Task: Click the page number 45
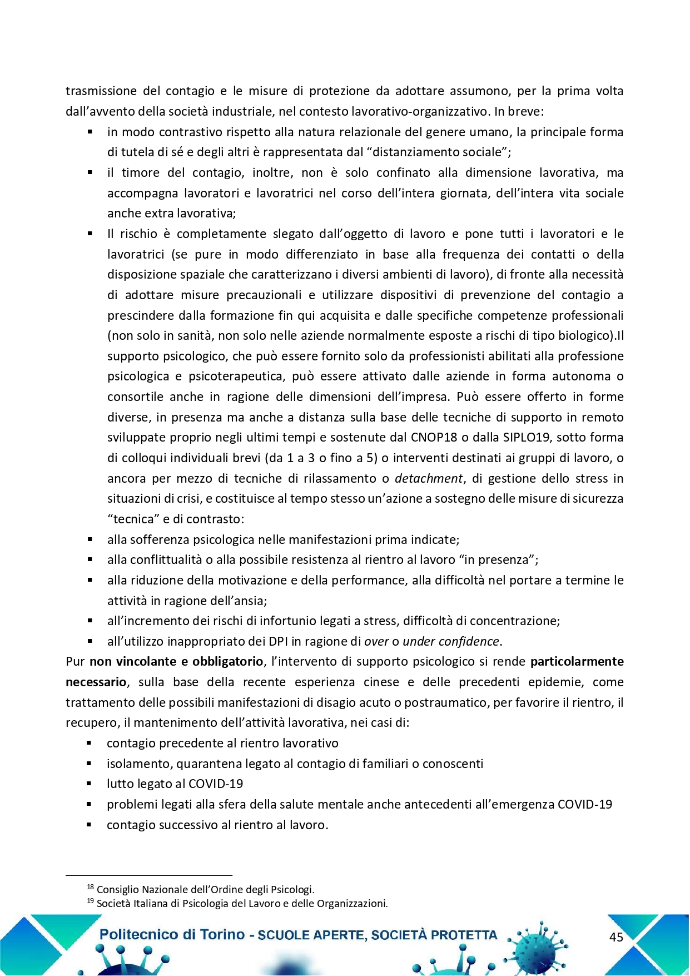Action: click(616, 937)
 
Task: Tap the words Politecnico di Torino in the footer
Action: click(172, 934)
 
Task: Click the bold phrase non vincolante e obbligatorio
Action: click(176, 662)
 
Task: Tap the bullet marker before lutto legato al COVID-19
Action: click(89, 784)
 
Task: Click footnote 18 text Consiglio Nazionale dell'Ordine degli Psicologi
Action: click(205, 889)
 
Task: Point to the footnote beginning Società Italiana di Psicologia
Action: click(242, 903)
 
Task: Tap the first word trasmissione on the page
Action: click(101, 91)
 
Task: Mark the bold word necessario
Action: click(96, 682)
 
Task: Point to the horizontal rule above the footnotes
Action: click(148, 875)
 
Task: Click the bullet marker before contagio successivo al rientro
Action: click(89, 825)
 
